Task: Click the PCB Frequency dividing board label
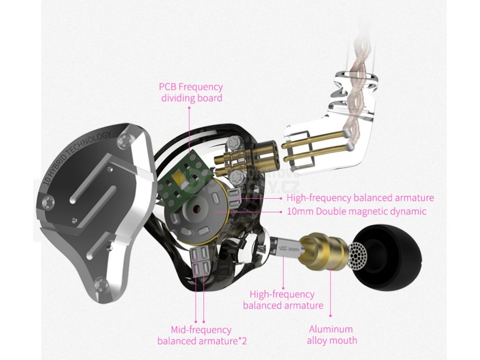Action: [x=191, y=92]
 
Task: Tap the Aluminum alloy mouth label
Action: [x=331, y=335]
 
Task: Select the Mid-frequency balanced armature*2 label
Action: [x=202, y=335]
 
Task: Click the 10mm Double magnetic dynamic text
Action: [x=356, y=211]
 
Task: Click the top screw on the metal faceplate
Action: [x=125, y=140]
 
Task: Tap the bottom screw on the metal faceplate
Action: [x=99, y=283]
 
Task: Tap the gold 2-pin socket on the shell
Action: [x=264, y=153]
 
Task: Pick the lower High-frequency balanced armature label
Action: [x=283, y=300]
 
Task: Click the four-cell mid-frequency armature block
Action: [x=200, y=261]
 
